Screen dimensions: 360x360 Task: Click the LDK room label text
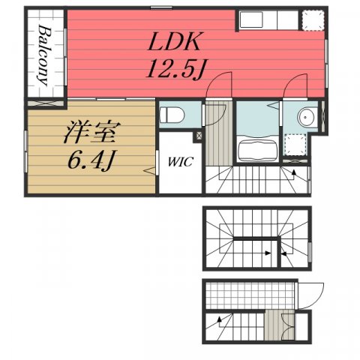click(x=174, y=41)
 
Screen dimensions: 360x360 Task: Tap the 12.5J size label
click(x=175, y=69)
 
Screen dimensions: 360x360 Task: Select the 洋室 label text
click(x=92, y=132)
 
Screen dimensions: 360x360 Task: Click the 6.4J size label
click(x=91, y=160)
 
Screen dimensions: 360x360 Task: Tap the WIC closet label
click(x=180, y=162)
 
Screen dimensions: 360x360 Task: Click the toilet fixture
click(x=172, y=115)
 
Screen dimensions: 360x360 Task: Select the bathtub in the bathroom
click(x=257, y=150)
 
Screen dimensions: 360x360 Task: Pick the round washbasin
click(x=305, y=117)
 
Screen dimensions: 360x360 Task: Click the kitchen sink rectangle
click(x=251, y=19)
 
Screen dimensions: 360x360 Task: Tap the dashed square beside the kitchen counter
click(x=313, y=20)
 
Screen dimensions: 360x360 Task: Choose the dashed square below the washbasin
click(x=295, y=145)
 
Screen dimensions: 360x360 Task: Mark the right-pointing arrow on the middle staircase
click(x=268, y=253)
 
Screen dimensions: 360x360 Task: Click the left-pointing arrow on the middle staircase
click(x=283, y=254)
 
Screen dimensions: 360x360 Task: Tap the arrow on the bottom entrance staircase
click(x=220, y=319)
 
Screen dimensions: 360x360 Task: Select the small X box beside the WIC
click(x=199, y=136)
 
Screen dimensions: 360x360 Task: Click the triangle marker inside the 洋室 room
click(x=149, y=170)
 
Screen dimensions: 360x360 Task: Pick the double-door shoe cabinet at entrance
click(x=288, y=326)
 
